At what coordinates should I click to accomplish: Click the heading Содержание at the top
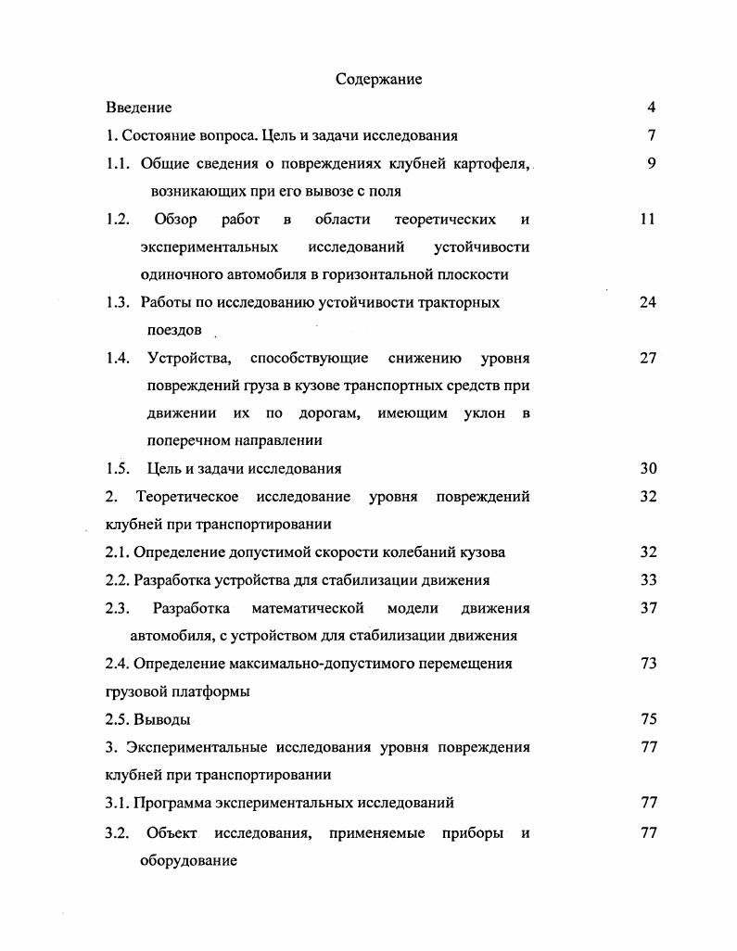(378, 80)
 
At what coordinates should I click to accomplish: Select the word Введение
(139, 108)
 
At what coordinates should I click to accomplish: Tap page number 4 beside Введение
(652, 108)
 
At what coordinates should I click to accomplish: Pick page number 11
(647, 220)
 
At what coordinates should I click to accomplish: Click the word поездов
(174, 331)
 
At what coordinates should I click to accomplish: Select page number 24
(647, 303)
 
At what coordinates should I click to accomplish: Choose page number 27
(647, 359)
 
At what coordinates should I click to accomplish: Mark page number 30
(647, 469)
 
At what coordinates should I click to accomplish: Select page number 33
(647, 580)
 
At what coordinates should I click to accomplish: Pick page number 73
(647, 664)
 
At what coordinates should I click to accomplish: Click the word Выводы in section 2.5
(162, 719)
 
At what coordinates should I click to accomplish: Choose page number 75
(647, 719)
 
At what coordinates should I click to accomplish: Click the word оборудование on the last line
(188, 861)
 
